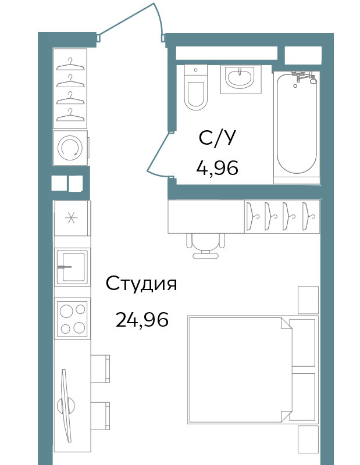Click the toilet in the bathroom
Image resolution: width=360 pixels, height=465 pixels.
[195, 88]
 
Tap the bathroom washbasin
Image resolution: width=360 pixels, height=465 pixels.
[240, 78]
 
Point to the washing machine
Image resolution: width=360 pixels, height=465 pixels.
[70, 148]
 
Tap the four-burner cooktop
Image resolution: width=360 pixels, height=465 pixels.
[72, 319]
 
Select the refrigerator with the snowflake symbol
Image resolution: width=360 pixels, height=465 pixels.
[72, 219]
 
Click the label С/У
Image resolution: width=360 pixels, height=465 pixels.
[218, 138]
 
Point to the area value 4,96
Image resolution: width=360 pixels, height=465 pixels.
[218, 168]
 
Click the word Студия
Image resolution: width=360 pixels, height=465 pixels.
[141, 284]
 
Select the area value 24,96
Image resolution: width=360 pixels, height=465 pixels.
[142, 319]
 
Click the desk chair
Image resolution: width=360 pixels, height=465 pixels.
[205, 245]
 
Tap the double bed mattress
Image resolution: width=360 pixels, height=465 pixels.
[240, 370]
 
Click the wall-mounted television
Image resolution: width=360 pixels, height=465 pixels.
[66, 405]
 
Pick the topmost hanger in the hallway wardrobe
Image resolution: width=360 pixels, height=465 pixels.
[70, 65]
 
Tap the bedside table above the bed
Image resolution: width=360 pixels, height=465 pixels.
[308, 300]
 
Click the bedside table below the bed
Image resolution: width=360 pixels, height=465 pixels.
[308, 439]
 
